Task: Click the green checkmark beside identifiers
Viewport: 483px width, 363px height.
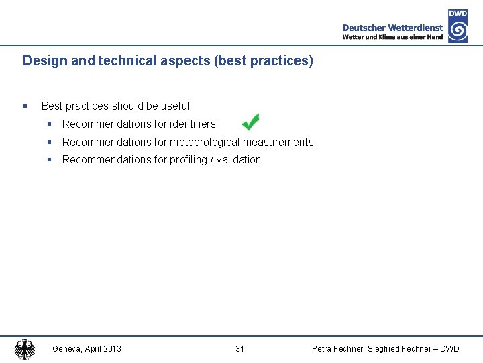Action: click(x=250, y=122)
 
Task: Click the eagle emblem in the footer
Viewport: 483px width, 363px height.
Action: click(x=25, y=349)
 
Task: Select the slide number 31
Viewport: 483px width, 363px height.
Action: click(x=239, y=348)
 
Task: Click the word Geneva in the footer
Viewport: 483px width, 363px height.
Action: click(x=66, y=348)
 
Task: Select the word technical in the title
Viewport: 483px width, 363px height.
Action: click(x=125, y=61)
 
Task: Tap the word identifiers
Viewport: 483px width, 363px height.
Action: click(x=193, y=124)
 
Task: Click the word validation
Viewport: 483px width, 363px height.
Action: click(x=238, y=159)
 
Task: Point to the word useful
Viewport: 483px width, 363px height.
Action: click(x=175, y=106)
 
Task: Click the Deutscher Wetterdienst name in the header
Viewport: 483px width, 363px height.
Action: click(x=392, y=28)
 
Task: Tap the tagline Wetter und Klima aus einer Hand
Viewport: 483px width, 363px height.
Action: click(x=392, y=37)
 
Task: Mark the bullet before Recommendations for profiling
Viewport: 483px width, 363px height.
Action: click(x=50, y=159)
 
